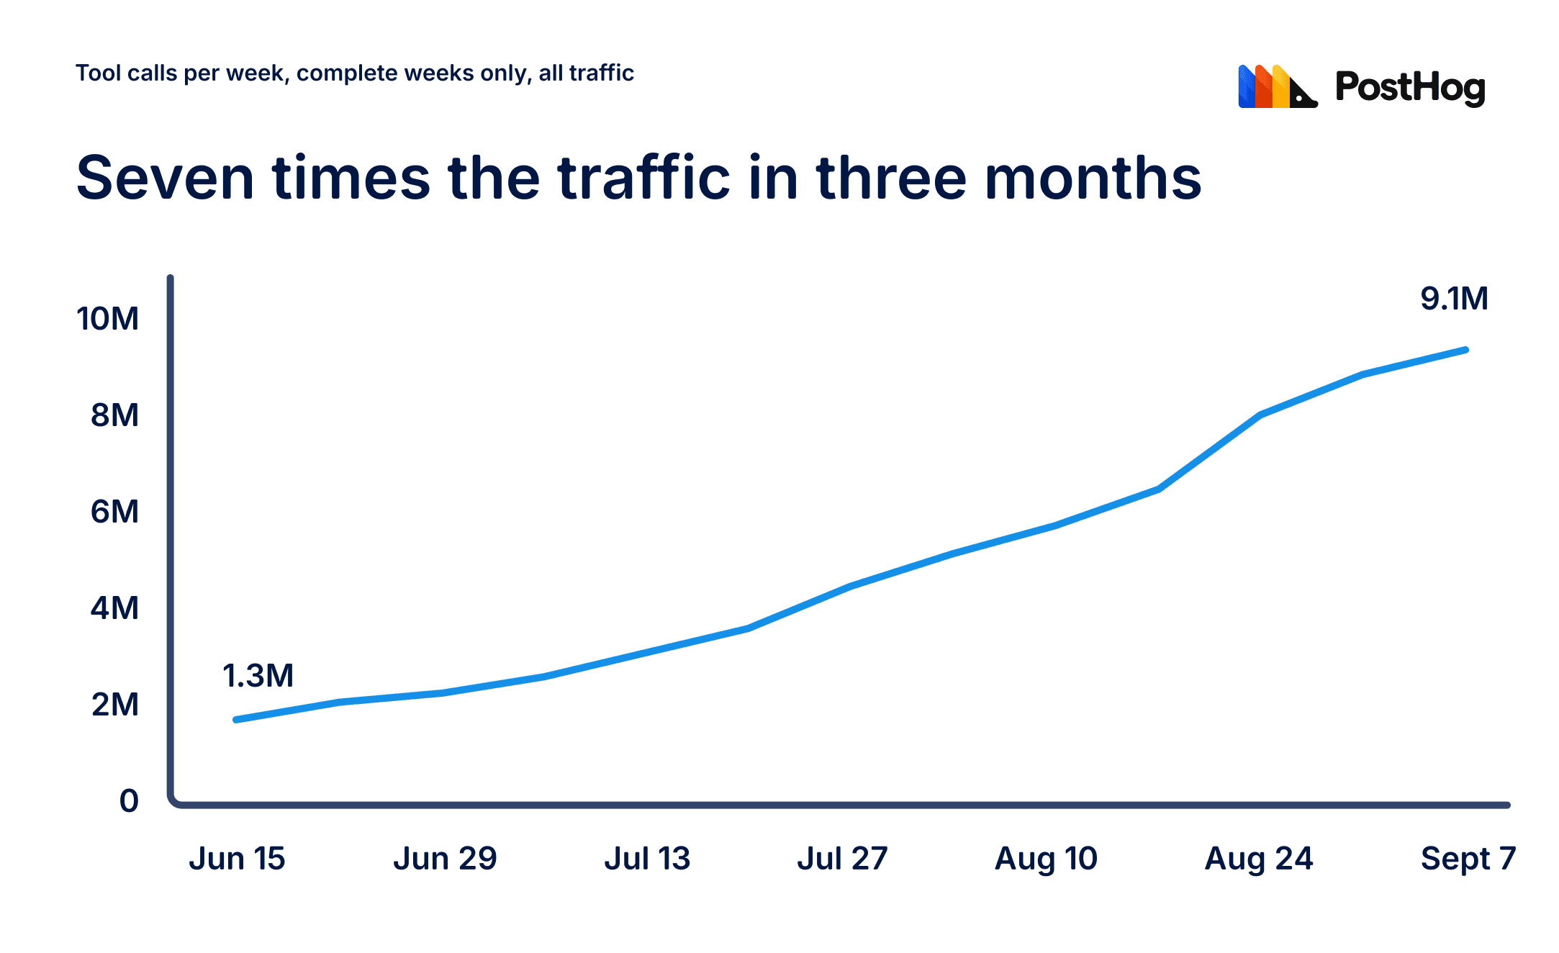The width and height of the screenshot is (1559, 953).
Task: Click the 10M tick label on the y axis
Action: (108, 319)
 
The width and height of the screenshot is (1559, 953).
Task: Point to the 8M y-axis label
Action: (114, 415)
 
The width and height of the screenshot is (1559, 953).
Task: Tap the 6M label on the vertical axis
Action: (114, 512)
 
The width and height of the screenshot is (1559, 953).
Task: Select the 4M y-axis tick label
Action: (114, 608)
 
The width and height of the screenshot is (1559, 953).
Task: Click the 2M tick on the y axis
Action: (115, 705)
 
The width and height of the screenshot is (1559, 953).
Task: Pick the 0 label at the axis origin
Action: (129, 801)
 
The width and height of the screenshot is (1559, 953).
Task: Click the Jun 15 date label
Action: (237, 859)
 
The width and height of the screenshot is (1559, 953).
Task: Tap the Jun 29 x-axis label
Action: (445, 859)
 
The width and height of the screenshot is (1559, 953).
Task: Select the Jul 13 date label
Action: (647, 859)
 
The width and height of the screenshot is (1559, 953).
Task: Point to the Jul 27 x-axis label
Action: (842, 859)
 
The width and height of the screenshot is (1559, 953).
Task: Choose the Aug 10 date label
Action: (1046, 859)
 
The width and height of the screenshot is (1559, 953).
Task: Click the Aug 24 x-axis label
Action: (1259, 859)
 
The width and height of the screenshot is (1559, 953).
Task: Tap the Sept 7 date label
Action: (1468, 859)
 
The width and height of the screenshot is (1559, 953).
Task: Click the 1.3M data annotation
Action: (258, 676)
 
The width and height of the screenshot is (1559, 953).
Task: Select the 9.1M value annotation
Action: (1454, 299)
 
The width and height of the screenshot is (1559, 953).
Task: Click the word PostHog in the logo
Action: (1410, 88)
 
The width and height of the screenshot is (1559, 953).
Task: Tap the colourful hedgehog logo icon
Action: (1278, 86)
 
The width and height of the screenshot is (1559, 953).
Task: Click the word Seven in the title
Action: (165, 178)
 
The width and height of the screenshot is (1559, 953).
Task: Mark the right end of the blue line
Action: (1466, 351)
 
